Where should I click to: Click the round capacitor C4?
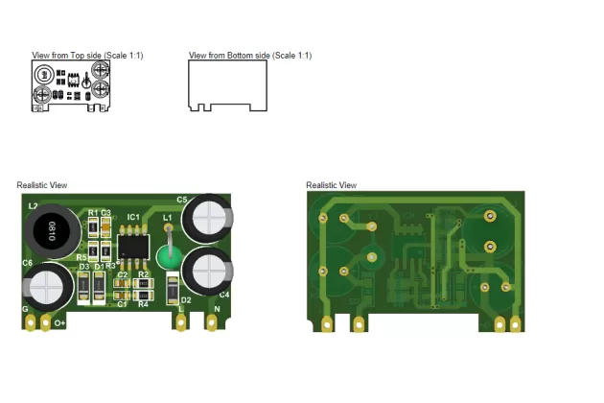207,272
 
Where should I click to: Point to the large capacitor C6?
48,286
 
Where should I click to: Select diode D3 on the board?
83,285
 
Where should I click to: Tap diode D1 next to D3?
99,285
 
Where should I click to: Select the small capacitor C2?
122,283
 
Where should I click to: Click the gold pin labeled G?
32,323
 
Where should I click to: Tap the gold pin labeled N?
212,323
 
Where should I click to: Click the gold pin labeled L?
180,323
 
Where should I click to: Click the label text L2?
33,206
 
